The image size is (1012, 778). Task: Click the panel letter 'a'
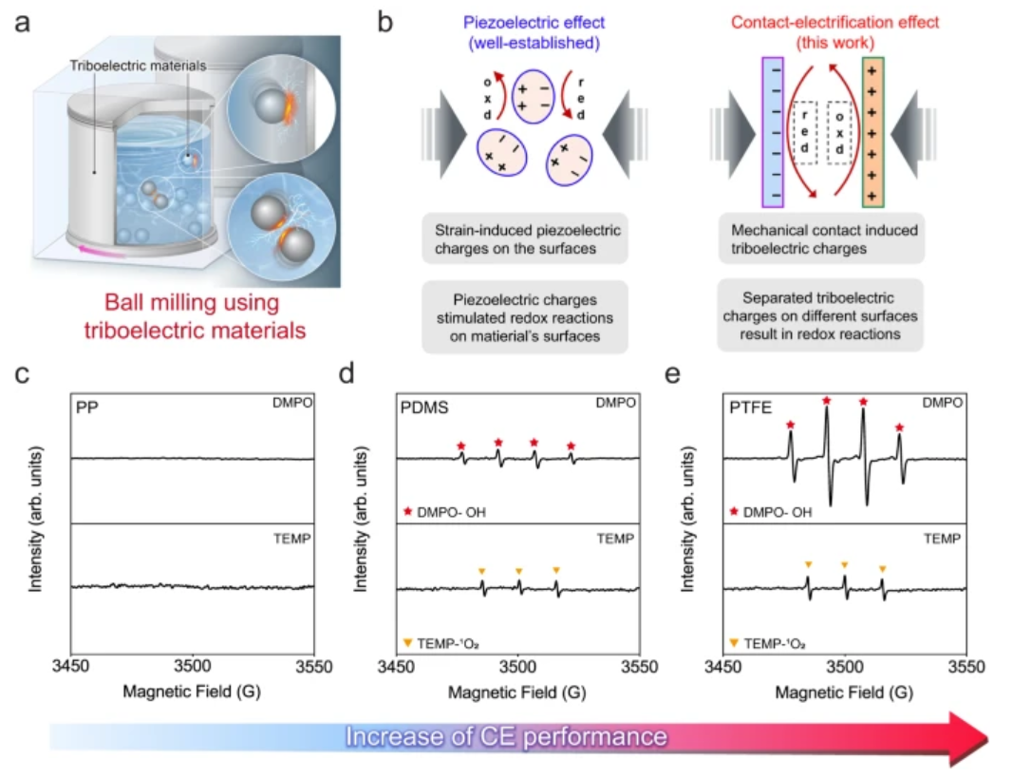(x=22, y=23)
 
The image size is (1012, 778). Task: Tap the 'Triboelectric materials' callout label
(x=138, y=66)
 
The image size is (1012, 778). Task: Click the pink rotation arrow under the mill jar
(x=102, y=251)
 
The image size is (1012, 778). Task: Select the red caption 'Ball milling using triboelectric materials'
(x=194, y=316)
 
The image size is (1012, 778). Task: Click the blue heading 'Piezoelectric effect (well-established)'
(x=534, y=33)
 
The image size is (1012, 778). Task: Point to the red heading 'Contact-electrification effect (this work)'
(x=834, y=33)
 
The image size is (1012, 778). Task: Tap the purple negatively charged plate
(x=773, y=132)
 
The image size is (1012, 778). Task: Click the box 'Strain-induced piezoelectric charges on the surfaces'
(x=525, y=238)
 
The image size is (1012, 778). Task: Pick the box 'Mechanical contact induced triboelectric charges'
(x=821, y=238)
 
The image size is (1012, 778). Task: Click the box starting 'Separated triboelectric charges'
(x=820, y=315)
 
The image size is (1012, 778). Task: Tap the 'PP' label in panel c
(x=87, y=408)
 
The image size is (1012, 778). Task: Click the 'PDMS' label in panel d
(x=424, y=408)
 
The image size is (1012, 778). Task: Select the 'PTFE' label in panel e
(x=751, y=408)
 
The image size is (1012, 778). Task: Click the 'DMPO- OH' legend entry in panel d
(x=444, y=513)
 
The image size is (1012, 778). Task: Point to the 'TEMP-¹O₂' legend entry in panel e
(x=769, y=644)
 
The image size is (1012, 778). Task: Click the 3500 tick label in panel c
(x=193, y=666)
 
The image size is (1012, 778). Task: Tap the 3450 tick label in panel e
(x=722, y=666)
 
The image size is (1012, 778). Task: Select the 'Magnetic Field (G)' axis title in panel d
(x=517, y=693)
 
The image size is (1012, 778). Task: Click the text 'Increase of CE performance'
(x=507, y=737)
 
